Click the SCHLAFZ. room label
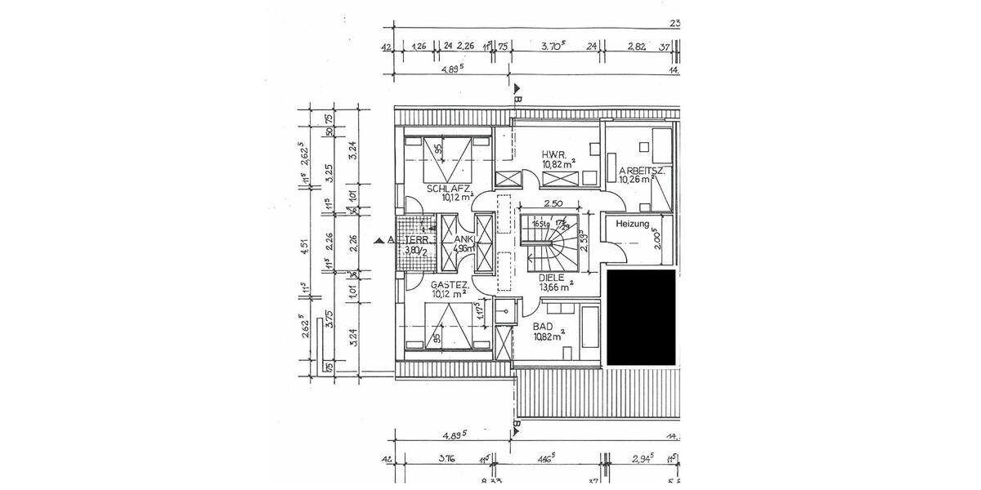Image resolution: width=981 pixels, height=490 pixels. tap(447, 188)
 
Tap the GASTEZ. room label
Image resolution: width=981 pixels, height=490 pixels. tap(449, 284)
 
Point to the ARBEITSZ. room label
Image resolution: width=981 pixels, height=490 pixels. tap(642, 171)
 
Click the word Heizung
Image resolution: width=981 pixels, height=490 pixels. tap(632, 224)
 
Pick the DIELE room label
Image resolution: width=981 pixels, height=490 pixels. tap(553, 277)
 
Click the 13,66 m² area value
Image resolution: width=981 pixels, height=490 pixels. tap(555, 286)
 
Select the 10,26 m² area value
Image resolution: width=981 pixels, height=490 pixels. tap(640, 180)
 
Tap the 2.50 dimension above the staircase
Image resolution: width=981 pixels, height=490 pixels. tap(552, 203)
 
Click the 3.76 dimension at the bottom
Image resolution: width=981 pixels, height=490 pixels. tap(446, 459)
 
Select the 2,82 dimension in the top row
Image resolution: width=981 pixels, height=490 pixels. tap(637, 47)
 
